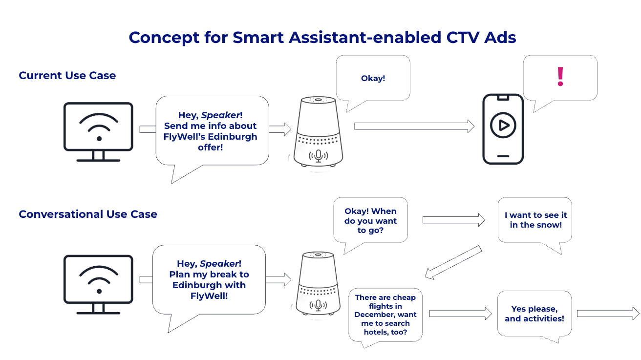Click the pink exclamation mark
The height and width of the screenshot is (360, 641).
(560, 77)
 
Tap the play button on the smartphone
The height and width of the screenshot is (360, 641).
(503, 126)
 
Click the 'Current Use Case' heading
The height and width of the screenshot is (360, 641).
(67, 76)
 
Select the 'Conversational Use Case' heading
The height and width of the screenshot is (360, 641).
(88, 214)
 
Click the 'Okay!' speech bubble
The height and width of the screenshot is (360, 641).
(373, 78)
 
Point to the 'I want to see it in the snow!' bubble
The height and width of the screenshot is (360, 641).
(535, 220)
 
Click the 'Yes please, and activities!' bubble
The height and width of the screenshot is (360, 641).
(534, 314)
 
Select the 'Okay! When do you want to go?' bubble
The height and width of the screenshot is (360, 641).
(370, 220)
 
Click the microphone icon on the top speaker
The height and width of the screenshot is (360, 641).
(319, 155)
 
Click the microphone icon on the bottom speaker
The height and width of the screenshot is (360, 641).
(319, 305)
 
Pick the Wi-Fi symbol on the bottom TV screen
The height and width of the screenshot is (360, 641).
(99, 279)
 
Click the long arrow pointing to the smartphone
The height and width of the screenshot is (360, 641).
(414, 126)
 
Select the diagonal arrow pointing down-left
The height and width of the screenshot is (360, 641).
(453, 263)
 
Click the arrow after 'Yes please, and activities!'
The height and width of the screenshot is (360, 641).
(607, 314)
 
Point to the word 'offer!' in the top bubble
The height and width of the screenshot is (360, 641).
(210, 147)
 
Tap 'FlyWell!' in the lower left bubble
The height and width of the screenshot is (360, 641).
(209, 296)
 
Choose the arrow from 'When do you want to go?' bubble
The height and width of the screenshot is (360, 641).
(453, 220)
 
